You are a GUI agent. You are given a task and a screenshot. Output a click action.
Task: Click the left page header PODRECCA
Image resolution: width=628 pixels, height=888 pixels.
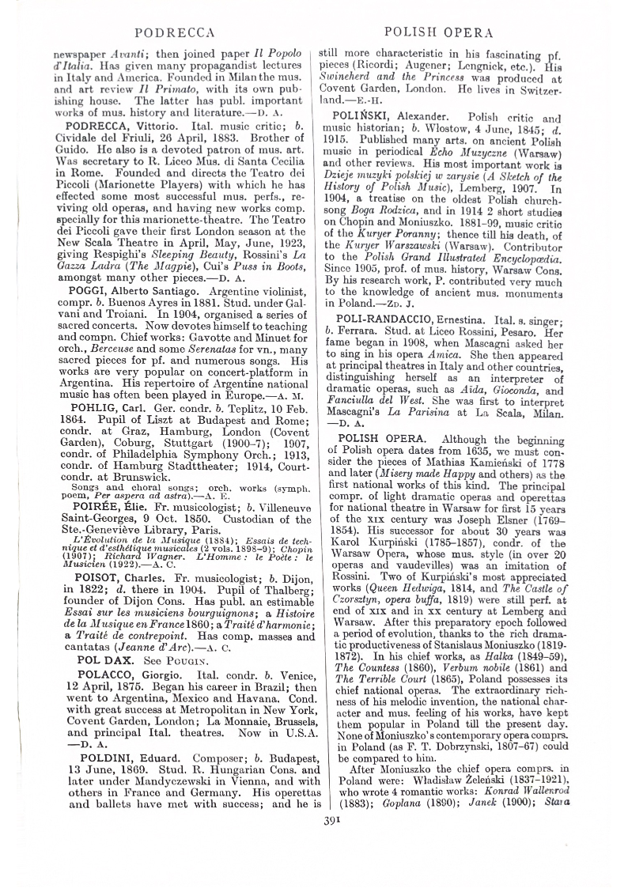175,32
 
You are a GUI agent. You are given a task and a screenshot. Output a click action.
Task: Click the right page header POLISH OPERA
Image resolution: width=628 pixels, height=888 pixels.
437,32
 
